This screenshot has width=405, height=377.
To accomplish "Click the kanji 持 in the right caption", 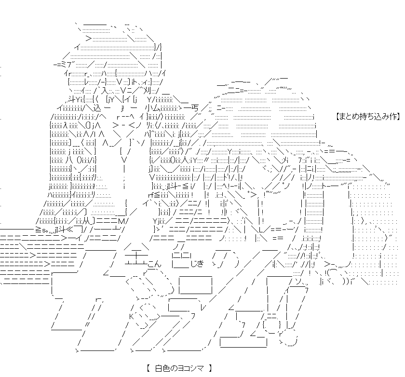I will pos(363,116).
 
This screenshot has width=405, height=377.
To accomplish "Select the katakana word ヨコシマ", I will pos(190,369).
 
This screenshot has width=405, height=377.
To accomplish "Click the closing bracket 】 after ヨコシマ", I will pos(211,369).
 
